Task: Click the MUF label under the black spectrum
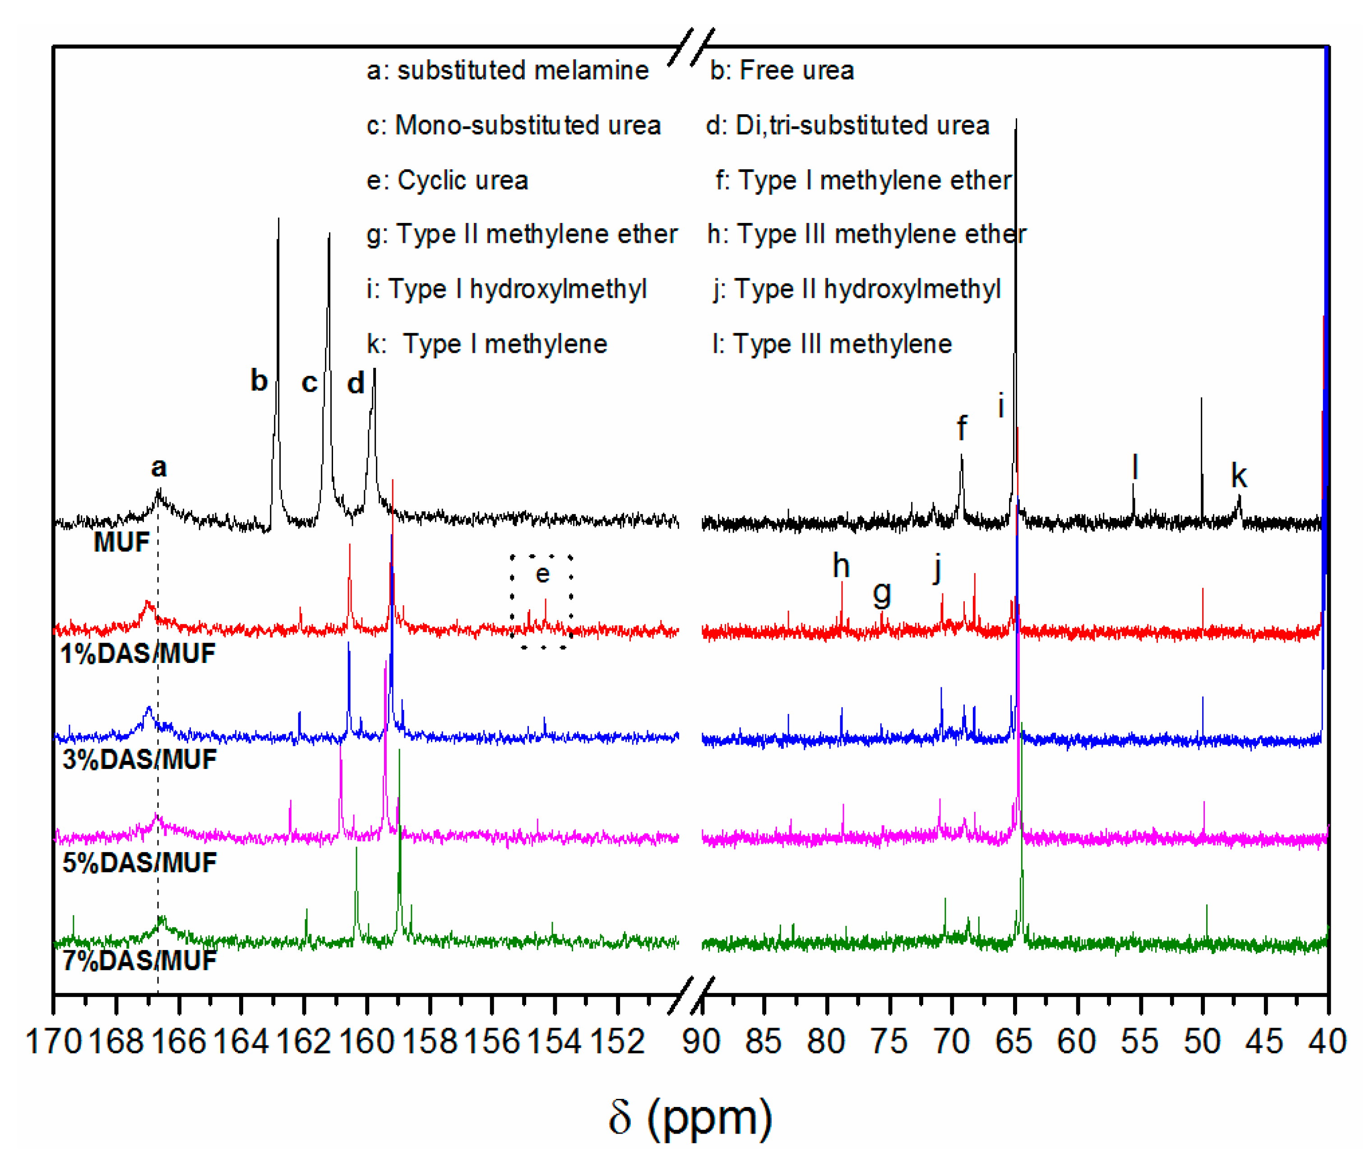tap(122, 542)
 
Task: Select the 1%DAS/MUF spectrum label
tap(138, 653)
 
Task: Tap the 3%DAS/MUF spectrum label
tap(139, 759)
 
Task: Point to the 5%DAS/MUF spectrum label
tap(139, 862)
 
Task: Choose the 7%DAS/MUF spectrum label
tap(139, 960)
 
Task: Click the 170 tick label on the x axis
tap(53, 1042)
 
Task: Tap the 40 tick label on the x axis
tap(1327, 1042)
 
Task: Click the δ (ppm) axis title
tap(690, 1118)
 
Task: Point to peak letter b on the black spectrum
tap(259, 380)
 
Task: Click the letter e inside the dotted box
tap(542, 574)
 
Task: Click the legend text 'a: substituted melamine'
tap(508, 70)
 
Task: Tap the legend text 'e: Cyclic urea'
tap(447, 180)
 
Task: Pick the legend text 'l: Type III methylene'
tap(832, 344)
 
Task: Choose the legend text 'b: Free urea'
tap(782, 70)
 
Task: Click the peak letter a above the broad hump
tap(159, 468)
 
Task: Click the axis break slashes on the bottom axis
tap(691, 996)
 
